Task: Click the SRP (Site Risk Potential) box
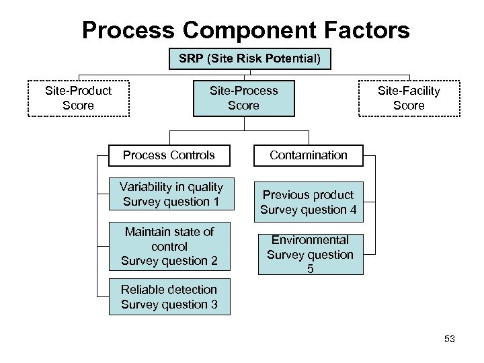point(249,60)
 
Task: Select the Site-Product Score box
point(78,98)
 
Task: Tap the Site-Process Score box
point(243,98)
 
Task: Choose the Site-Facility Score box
point(409,98)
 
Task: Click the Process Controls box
point(169,155)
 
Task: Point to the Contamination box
point(309,155)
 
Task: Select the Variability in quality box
point(171,194)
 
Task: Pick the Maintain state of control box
point(169,246)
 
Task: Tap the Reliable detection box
point(169,297)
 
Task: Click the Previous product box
point(308,202)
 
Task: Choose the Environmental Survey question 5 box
point(310,255)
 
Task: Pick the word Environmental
point(310,240)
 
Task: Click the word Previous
point(286,195)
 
